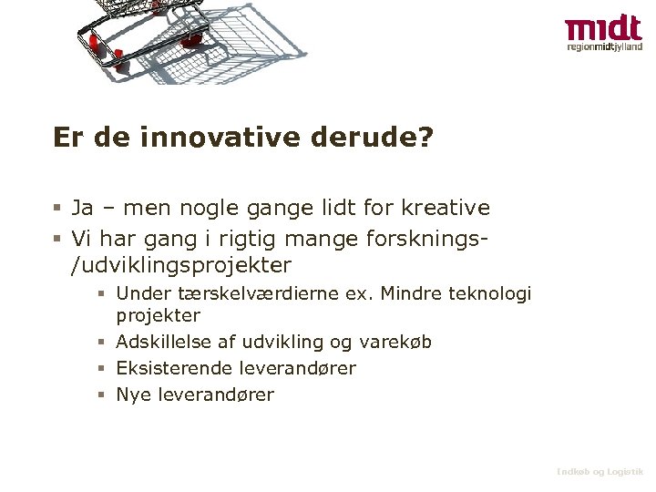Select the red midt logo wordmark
(x=602, y=28)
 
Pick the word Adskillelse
(x=164, y=342)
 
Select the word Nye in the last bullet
(x=133, y=395)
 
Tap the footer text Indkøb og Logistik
(x=600, y=471)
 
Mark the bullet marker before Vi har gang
(x=56, y=239)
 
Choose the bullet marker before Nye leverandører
(x=103, y=395)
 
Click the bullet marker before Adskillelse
(x=103, y=343)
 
